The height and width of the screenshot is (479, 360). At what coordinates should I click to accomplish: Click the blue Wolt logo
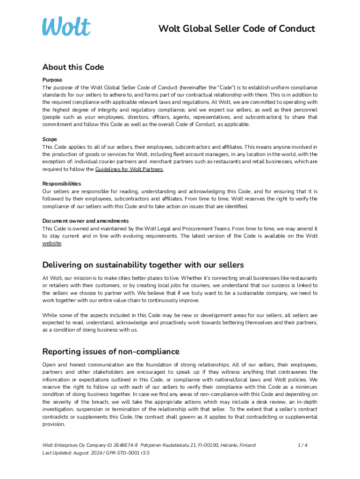tap(66, 27)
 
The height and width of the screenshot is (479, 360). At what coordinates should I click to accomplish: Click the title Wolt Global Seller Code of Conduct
tap(237, 29)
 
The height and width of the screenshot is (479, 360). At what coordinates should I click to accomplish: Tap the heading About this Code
tap(73, 67)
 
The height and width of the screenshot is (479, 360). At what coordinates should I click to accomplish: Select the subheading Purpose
tap(52, 80)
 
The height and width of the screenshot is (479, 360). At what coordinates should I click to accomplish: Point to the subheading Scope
tap(50, 139)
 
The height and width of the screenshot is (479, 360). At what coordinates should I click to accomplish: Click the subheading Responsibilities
tap(61, 184)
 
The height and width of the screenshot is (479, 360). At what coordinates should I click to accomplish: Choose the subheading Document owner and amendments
tap(86, 221)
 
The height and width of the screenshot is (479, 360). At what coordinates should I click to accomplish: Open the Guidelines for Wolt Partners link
tap(129, 169)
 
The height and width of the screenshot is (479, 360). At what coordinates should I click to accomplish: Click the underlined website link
tap(51, 243)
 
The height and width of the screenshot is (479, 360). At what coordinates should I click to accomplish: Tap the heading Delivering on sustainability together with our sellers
tap(143, 265)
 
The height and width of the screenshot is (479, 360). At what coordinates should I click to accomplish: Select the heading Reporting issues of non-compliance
tap(111, 352)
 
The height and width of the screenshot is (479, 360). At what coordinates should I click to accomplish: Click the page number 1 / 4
tap(302, 445)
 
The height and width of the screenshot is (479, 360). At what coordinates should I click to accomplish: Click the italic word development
tap(220, 315)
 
